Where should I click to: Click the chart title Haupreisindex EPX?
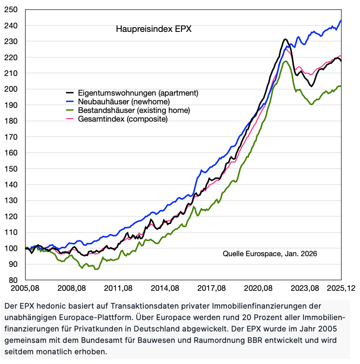coord(153,30)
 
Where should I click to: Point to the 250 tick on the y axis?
coord(11,9)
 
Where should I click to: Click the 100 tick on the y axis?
coord(11,248)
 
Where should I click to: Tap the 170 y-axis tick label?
coord(11,137)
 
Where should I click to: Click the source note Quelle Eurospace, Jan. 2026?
coord(270,254)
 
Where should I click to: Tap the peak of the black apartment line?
coord(285,39)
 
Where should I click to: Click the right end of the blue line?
coord(341,20)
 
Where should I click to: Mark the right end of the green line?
coord(341,86)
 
